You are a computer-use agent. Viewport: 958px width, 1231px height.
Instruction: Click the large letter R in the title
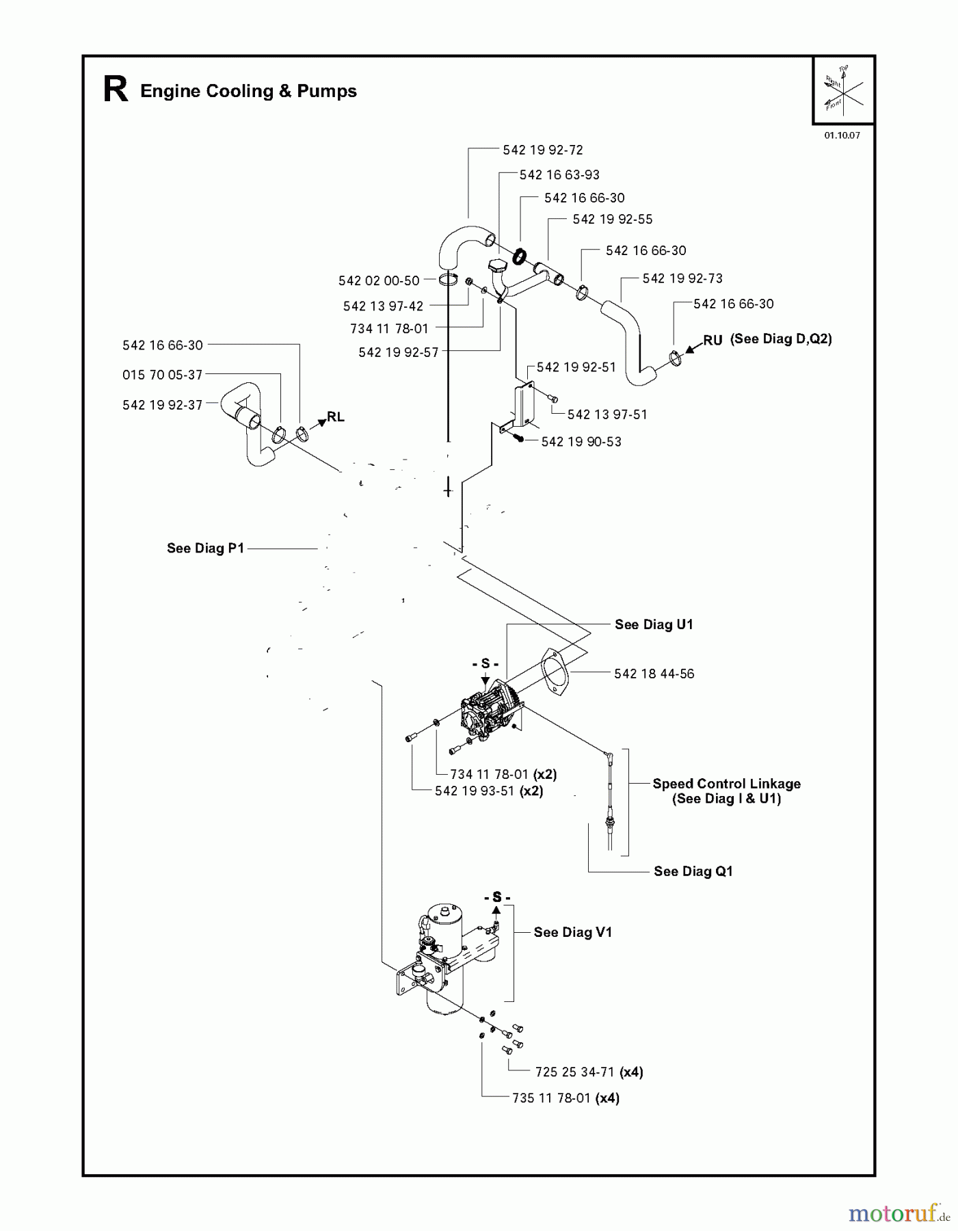coord(116,90)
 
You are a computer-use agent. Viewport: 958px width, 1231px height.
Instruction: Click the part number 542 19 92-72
coord(542,150)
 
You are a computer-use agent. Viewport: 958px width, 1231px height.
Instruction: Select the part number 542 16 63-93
coord(559,174)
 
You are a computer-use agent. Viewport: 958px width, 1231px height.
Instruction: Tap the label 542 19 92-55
coord(612,219)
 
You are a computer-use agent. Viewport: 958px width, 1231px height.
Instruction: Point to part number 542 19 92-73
coord(682,278)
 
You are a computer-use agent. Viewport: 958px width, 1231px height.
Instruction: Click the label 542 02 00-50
coord(379,280)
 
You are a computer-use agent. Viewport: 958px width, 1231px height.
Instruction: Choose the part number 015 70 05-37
coord(163,375)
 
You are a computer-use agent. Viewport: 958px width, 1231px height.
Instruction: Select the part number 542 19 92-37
coord(163,405)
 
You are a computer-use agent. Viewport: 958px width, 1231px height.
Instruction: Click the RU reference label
coord(713,340)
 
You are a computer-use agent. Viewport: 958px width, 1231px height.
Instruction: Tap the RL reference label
coord(335,416)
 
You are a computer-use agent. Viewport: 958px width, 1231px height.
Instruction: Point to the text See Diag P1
coord(205,548)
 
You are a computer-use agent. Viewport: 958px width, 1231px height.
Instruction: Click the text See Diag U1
coord(654,624)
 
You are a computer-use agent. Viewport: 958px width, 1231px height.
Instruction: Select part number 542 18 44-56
coord(654,674)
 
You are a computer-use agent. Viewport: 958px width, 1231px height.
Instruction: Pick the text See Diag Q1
coord(693,871)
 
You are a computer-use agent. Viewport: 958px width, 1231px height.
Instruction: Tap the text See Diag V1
coord(572,932)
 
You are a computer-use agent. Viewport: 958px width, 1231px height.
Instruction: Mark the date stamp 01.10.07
coord(842,135)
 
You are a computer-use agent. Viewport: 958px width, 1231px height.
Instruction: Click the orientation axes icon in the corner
coord(843,90)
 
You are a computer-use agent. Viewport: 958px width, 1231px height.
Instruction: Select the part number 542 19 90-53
coord(581,442)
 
